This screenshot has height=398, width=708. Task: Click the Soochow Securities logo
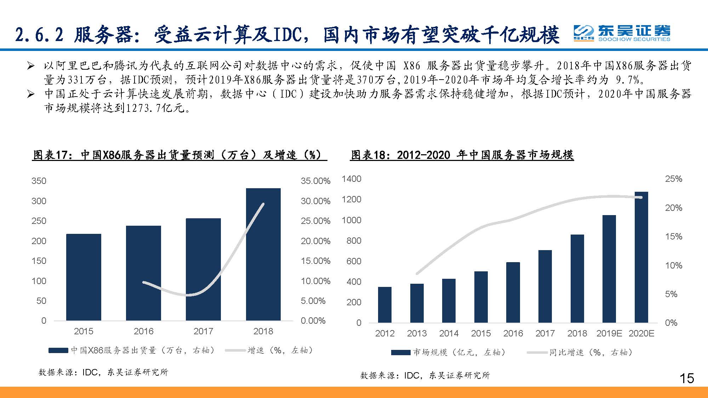[x=622, y=33]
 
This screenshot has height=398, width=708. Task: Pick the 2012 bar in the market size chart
[x=384, y=305]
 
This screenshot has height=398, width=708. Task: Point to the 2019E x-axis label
[x=609, y=333]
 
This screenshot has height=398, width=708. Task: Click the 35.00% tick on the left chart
[x=315, y=181]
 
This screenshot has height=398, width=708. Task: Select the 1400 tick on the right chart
[x=351, y=179]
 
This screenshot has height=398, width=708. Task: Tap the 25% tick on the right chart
[x=673, y=179]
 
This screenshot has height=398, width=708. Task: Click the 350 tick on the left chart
[x=39, y=181]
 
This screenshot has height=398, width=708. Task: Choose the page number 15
[x=686, y=379]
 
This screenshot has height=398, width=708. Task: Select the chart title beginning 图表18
[x=462, y=155]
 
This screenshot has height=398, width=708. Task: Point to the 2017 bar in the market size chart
[x=545, y=286]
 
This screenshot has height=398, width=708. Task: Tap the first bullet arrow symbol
[x=31, y=66]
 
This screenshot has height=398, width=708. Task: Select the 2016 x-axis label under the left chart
[x=143, y=331]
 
